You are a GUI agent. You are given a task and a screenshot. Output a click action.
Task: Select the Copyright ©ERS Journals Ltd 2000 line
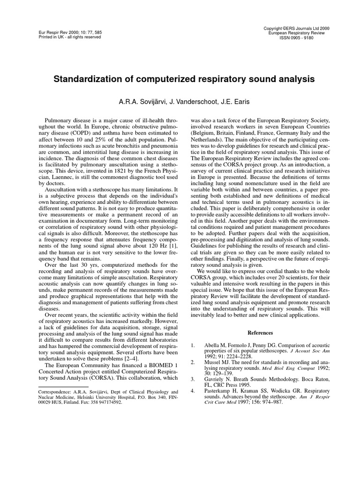click(296, 28)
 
